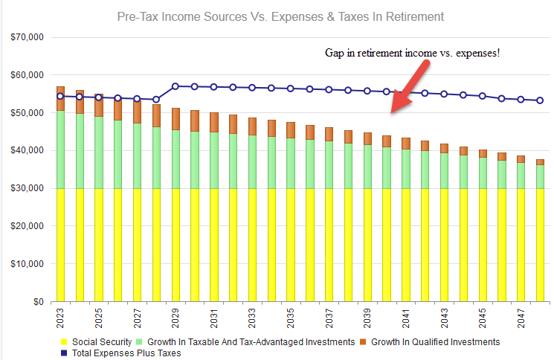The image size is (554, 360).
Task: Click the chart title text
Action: coord(280,16)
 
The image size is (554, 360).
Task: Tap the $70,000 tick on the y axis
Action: coord(24,37)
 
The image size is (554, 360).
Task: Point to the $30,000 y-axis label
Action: coord(24,189)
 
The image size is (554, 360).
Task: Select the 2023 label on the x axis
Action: coord(60,318)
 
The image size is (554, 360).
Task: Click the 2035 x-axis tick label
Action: coord(291,318)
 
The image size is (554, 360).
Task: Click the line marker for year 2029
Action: coord(175,86)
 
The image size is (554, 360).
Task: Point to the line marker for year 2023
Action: coord(60,96)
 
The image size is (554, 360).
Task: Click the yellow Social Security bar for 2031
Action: coord(214,245)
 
